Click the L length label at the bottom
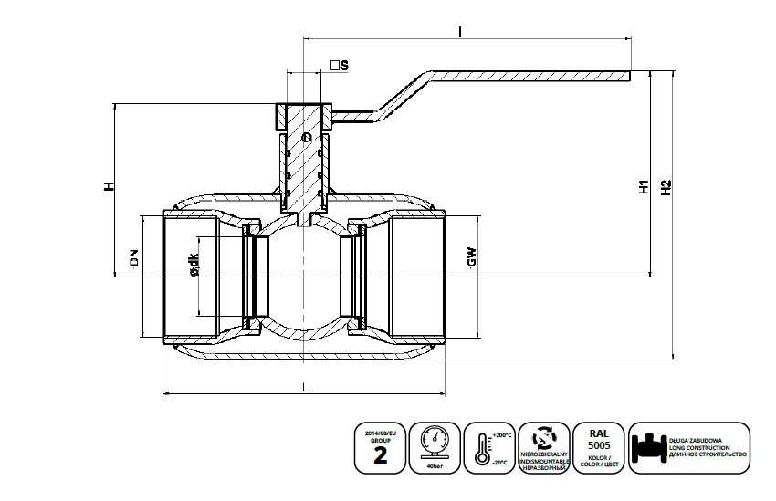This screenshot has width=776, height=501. (x=304, y=388)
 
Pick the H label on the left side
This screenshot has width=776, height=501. (x=108, y=187)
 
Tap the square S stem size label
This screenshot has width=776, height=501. (x=340, y=65)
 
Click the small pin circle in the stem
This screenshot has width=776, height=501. (x=307, y=137)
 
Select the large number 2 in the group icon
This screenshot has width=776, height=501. (x=380, y=455)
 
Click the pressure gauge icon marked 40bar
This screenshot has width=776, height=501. (x=435, y=442)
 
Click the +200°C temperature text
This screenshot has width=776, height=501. (x=501, y=435)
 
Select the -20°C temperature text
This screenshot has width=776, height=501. (x=501, y=462)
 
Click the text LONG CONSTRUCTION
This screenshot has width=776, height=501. (x=708, y=446)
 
